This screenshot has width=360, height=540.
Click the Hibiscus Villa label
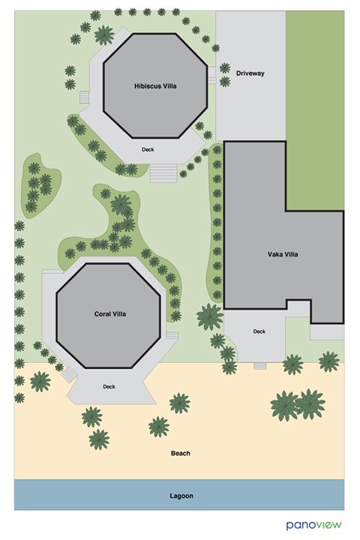(x=155, y=86)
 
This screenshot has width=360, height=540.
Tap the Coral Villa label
(x=109, y=313)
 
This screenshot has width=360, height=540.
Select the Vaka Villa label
(x=283, y=255)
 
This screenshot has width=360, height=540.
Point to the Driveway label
(x=250, y=73)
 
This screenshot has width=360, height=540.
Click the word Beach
(x=180, y=453)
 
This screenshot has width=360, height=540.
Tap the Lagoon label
(x=180, y=496)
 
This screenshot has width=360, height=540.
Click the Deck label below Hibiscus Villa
(x=148, y=149)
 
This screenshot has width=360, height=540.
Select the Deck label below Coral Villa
(x=109, y=386)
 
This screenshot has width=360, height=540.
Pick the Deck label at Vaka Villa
(x=259, y=331)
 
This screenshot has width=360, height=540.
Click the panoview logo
(x=314, y=524)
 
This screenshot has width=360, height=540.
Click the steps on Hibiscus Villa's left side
(x=85, y=98)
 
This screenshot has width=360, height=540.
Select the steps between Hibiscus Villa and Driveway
(x=212, y=76)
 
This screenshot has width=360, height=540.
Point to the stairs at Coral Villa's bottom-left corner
(x=69, y=372)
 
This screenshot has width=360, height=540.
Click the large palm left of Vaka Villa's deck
(x=209, y=316)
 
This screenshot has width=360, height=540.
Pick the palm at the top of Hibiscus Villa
(x=103, y=34)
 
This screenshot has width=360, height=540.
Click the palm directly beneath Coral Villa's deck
(x=91, y=415)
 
